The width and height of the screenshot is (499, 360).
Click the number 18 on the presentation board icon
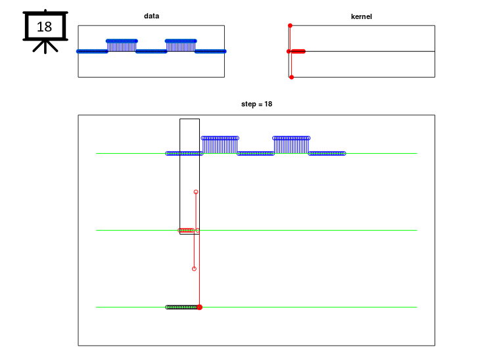coord(44,27)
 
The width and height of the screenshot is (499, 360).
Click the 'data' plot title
coord(151,16)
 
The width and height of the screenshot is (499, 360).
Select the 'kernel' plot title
coord(361,16)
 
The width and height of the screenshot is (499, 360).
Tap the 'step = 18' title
coord(256,104)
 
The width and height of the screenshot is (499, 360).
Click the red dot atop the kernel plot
coord(290,26)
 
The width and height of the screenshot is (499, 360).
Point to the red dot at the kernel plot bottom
coord(291,77)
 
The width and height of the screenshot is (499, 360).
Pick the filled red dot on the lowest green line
coord(200,307)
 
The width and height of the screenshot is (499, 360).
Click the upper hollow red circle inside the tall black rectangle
coord(196,192)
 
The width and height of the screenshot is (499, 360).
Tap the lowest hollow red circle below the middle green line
coord(194,269)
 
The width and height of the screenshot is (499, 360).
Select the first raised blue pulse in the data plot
coord(122,45)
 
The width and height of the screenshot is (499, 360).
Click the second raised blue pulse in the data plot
coord(181,45)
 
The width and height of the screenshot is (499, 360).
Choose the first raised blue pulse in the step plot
coord(220,145)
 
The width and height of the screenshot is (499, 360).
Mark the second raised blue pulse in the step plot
coord(291,145)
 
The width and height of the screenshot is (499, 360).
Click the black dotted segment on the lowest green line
coord(181,307)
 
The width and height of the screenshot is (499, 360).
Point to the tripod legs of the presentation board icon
coord(45,47)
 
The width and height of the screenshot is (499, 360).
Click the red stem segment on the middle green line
coord(186,230)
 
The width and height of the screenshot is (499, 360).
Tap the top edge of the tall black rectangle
coord(189,119)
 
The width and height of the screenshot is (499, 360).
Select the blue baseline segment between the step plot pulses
coord(256,154)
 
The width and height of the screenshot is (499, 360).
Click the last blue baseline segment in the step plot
coord(327,154)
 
